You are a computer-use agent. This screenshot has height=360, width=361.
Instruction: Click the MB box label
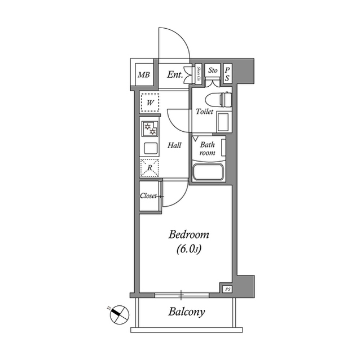144,74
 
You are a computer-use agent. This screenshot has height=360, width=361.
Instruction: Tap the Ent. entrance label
175,74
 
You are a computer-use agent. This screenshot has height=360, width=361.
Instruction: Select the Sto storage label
213,70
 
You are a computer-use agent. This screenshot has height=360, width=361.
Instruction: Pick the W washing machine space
150,103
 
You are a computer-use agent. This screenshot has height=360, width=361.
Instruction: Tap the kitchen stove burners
150,130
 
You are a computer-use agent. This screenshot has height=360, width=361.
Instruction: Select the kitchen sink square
150,149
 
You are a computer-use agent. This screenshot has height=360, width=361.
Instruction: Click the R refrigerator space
150,168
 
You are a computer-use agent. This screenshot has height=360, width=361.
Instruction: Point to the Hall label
175,145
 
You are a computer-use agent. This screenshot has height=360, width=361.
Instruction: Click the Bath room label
207,148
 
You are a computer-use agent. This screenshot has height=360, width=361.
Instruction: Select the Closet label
149,197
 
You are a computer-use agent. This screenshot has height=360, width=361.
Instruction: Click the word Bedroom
190,235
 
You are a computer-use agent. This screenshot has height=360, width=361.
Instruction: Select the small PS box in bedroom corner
228,289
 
